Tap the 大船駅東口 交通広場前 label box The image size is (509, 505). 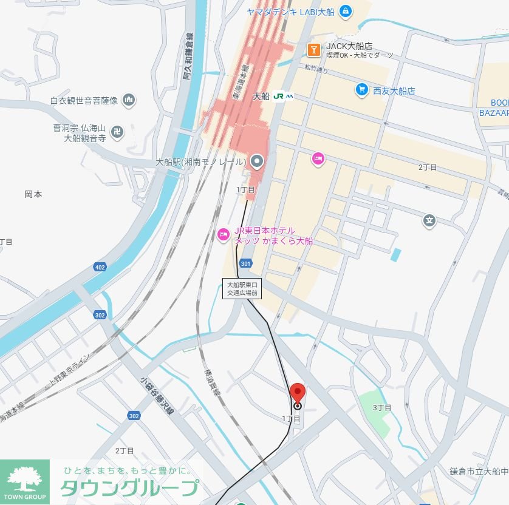pos(242,288)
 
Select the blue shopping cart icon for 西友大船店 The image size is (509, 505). pos(362,90)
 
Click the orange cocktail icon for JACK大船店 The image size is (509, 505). pos(314,49)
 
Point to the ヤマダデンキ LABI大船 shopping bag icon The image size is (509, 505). pos(345,10)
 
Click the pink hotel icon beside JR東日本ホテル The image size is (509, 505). pos(224,234)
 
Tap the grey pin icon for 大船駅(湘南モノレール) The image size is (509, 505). pos(258,161)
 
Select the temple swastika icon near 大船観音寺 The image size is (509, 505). pos(118,130)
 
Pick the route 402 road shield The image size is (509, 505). pos(100,267)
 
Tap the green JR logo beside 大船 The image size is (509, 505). pos(283,96)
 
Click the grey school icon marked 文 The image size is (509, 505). pos(429,220)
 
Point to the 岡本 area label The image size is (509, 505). pos(33,194)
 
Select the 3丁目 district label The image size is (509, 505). pos(382,407)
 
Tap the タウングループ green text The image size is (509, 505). pos(129,488)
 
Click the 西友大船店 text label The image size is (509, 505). pos(394,90)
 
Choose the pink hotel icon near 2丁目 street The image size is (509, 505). pos(318,159)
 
